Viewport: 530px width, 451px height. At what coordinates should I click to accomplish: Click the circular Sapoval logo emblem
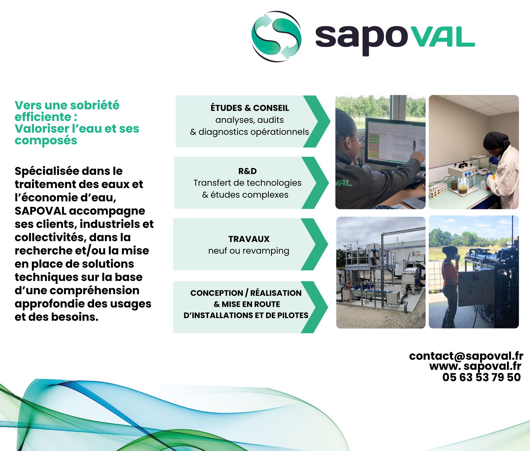coord(276,36)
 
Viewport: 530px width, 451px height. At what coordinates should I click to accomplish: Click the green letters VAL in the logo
coord(444,37)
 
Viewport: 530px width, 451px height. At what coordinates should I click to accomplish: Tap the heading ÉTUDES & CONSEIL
coord(250,108)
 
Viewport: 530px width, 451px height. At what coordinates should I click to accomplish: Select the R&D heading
coord(248,171)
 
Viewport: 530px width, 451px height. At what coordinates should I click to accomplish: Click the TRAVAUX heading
coord(249,239)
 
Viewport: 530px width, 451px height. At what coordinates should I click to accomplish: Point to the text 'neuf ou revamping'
coord(249,251)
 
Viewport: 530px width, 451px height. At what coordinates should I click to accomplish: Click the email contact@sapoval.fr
coord(466,356)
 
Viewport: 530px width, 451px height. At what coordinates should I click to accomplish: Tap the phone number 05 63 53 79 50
coord(482,377)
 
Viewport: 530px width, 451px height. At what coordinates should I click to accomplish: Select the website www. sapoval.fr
coord(475,367)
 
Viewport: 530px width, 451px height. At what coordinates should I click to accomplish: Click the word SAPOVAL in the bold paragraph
coord(40,211)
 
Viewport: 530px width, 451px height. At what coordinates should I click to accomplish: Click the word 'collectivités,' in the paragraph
coord(51,237)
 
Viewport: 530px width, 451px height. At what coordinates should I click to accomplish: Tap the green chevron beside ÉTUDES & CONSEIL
coord(317,122)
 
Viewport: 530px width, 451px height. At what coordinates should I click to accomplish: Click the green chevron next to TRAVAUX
coord(315,244)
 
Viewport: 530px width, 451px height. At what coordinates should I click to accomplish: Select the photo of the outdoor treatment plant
coord(381,272)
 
